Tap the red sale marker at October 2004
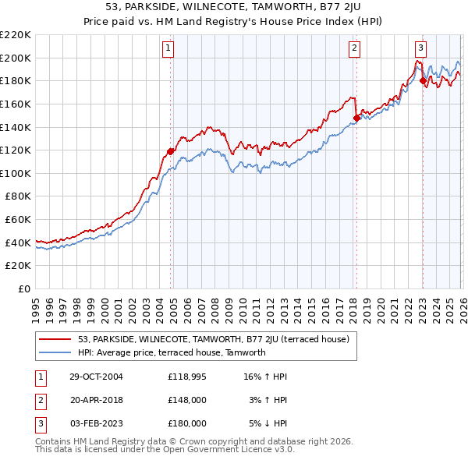click(171, 151)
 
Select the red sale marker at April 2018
click(356, 118)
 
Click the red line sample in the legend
click(55, 339)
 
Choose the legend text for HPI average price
click(172, 352)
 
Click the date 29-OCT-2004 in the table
click(96, 377)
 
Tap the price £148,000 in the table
click(186, 400)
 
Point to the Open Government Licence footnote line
click(165, 450)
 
